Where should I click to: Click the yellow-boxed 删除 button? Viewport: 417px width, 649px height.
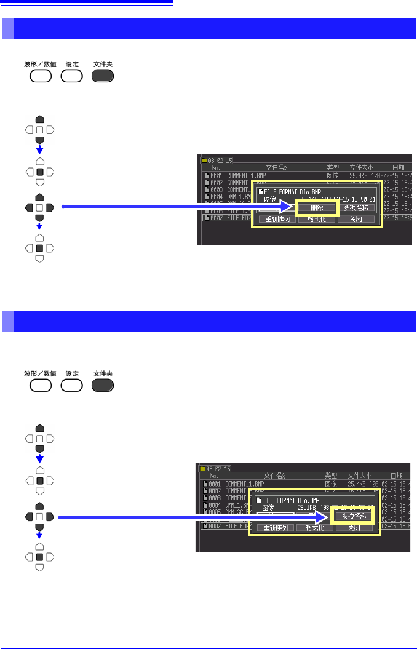point(317,208)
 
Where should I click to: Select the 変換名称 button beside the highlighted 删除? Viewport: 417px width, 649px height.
point(358,208)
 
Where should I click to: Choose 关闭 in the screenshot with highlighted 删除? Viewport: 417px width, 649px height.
point(356,220)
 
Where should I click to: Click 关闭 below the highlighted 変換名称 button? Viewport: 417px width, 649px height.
point(354,527)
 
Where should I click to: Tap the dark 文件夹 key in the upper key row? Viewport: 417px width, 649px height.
point(103,76)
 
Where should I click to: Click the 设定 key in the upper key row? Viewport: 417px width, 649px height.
point(72,76)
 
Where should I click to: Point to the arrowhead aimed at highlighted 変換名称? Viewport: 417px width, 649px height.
point(327,516)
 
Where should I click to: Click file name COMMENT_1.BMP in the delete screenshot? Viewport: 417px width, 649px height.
point(245,175)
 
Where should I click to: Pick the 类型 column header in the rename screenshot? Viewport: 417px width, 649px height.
point(332,476)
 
